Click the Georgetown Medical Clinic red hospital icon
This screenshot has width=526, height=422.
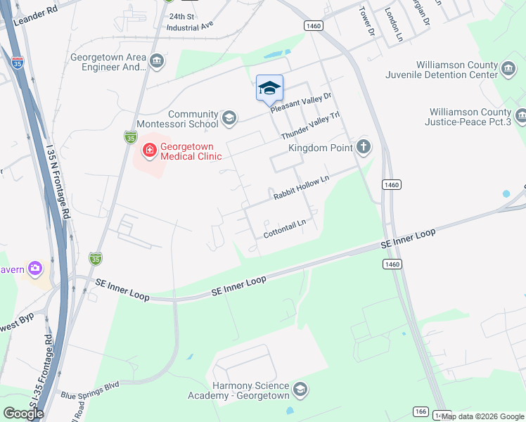point(148,150)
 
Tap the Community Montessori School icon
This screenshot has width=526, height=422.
point(229,117)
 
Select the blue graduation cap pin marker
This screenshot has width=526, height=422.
point(269,88)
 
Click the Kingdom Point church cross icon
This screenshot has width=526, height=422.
point(363,148)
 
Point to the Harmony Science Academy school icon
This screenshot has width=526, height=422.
point(300,390)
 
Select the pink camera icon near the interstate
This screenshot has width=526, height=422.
point(35,268)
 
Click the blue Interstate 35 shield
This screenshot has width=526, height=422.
point(17,63)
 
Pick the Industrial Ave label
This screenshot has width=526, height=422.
point(190,26)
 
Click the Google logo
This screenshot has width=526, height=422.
point(24,413)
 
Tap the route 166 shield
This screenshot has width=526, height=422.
point(421,411)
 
